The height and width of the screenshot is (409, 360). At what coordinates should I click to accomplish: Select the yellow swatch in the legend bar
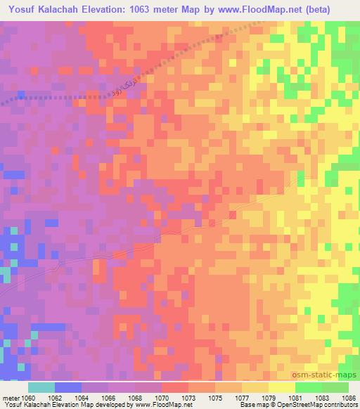[x=281, y=387]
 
